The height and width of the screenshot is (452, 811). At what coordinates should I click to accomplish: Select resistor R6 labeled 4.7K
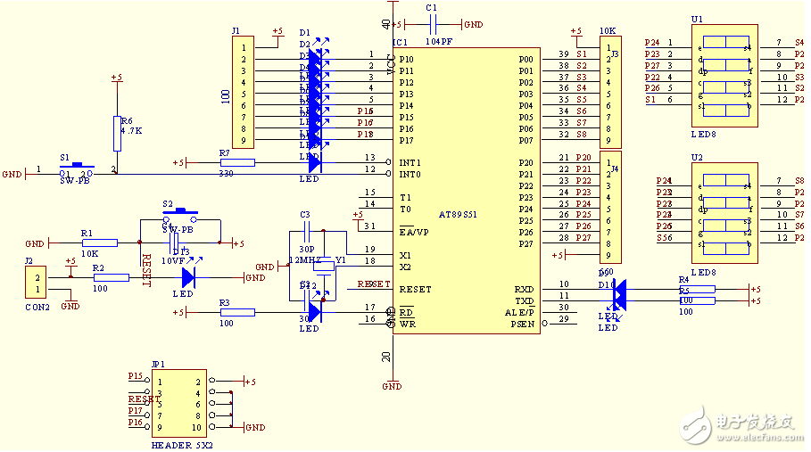(x=117, y=133)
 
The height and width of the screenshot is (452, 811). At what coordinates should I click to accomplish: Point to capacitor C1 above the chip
(x=433, y=25)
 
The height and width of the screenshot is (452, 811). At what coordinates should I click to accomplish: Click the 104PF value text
(x=436, y=41)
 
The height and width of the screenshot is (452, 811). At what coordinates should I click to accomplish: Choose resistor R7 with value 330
(x=236, y=162)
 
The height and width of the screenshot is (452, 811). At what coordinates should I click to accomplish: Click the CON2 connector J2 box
(x=35, y=284)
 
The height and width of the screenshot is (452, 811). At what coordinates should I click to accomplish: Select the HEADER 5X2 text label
(x=183, y=443)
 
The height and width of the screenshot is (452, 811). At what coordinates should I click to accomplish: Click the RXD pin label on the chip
(x=524, y=289)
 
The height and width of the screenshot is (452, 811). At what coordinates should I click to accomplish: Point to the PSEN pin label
(x=522, y=324)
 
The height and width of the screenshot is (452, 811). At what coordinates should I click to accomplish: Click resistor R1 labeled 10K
(x=99, y=242)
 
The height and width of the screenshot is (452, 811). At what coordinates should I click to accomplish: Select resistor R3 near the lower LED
(x=236, y=312)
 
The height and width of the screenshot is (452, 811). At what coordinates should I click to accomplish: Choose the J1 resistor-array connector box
(x=242, y=91)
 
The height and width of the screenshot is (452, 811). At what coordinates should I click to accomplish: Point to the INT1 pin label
(x=410, y=162)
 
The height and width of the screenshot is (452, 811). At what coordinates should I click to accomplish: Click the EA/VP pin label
(x=415, y=233)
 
